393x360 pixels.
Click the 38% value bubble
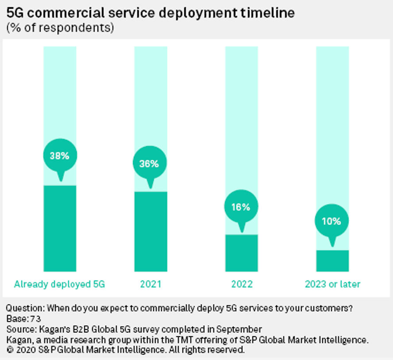(60, 156)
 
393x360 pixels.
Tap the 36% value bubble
(150, 163)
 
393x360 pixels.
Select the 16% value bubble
(241, 207)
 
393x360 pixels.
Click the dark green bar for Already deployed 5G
(60, 228)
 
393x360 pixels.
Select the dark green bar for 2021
(150, 231)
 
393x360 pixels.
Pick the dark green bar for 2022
(241, 253)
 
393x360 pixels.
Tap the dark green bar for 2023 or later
(332, 260)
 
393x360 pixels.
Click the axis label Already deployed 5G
(59, 284)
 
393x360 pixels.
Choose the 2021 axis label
(150, 284)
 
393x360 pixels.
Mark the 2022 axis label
(242, 284)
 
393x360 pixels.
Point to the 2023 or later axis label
(332, 284)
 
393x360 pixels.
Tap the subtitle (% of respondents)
(60, 28)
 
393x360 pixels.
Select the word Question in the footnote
(24, 308)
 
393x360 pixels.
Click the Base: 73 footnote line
(24, 318)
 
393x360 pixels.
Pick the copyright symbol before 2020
(10, 350)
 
